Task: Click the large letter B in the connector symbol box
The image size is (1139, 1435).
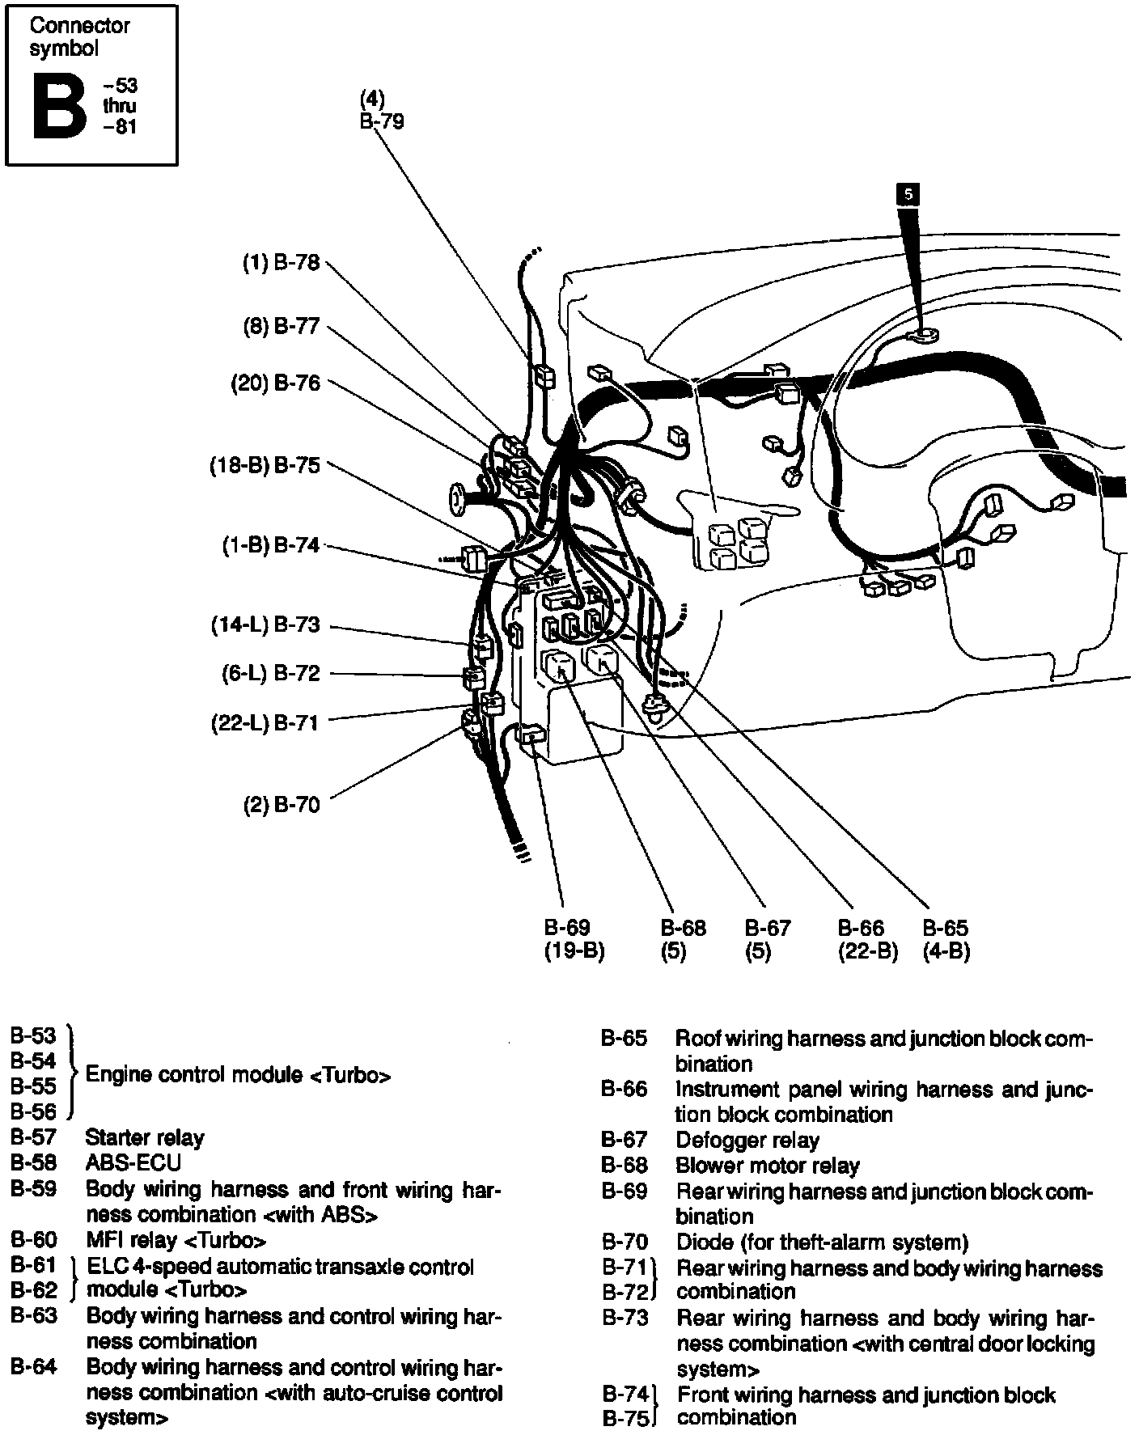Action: [x=59, y=106]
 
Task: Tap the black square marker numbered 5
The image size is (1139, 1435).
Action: [x=908, y=194]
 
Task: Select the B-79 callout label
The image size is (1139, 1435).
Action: [x=382, y=122]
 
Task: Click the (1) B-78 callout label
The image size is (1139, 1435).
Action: [x=282, y=263]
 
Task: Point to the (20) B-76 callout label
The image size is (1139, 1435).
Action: [x=276, y=383]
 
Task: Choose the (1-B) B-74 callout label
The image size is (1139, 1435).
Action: [x=272, y=545]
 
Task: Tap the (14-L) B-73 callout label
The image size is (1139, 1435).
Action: [x=266, y=625]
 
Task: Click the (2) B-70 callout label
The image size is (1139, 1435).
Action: [x=282, y=805]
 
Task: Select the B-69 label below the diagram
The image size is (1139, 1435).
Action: [x=567, y=928]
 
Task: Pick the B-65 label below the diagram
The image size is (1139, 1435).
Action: [x=946, y=928]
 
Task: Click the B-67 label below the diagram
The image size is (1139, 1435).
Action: [x=768, y=928]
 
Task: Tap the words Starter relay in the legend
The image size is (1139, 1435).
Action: [x=145, y=1138]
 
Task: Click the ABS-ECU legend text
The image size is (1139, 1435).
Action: [x=133, y=1163]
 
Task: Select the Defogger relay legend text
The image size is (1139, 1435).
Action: [x=747, y=1141]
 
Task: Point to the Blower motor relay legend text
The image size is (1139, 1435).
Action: [x=768, y=1166]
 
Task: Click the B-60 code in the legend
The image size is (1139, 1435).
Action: [x=34, y=1239]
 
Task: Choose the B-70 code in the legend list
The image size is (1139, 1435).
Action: [x=625, y=1242]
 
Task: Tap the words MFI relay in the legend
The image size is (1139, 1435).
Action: [x=131, y=1239]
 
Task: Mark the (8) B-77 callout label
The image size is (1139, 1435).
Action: [x=282, y=326]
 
